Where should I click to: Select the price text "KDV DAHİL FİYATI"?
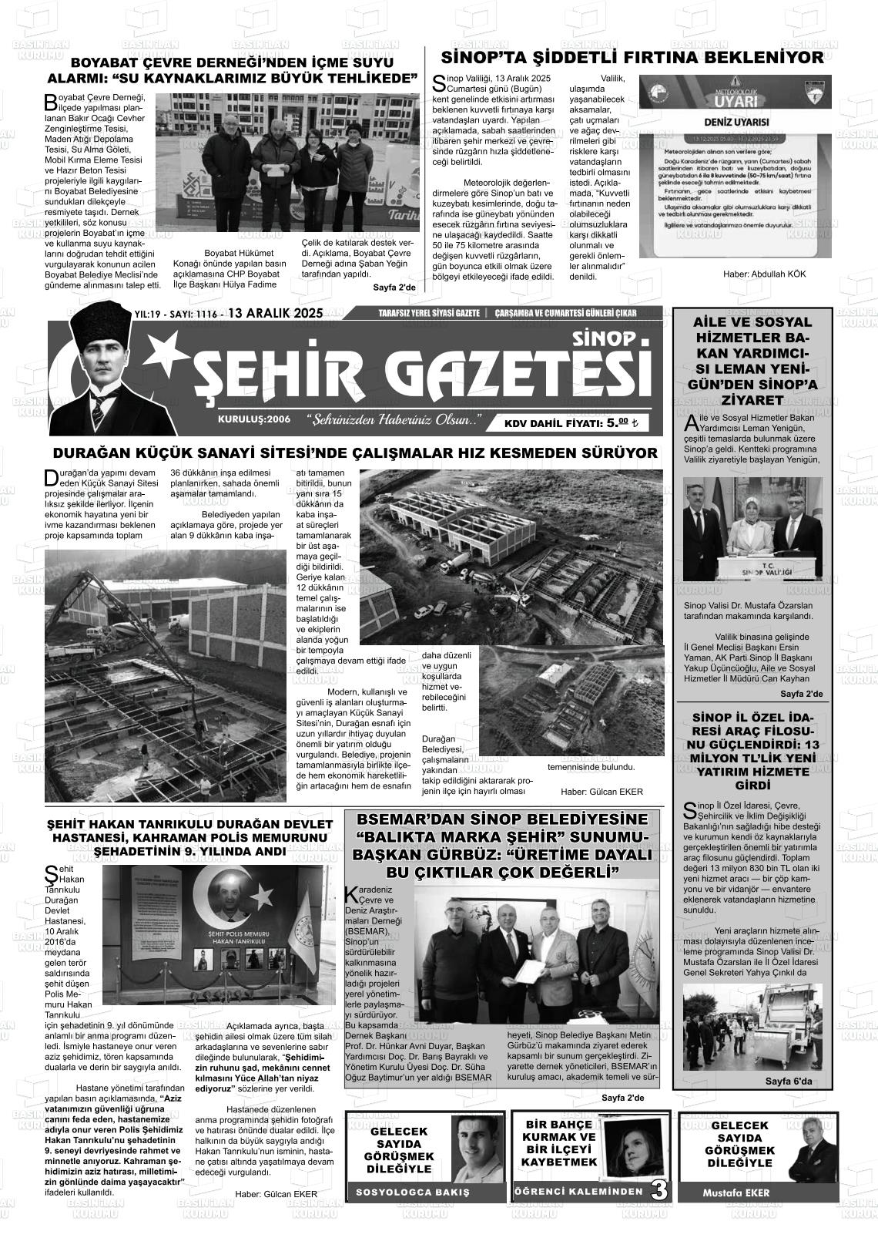pos(554,423)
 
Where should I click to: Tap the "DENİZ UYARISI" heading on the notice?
pos(736,123)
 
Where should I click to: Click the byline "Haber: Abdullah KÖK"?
pos(764,274)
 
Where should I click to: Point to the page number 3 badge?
pos(659,1189)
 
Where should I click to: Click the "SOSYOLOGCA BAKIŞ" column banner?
pos(412,1192)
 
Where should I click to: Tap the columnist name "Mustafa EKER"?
pos(736,1192)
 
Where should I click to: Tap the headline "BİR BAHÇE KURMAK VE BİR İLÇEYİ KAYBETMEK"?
pos(559,1143)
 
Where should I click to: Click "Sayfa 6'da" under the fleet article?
pos(788,1081)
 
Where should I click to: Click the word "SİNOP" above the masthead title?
pos(605,338)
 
